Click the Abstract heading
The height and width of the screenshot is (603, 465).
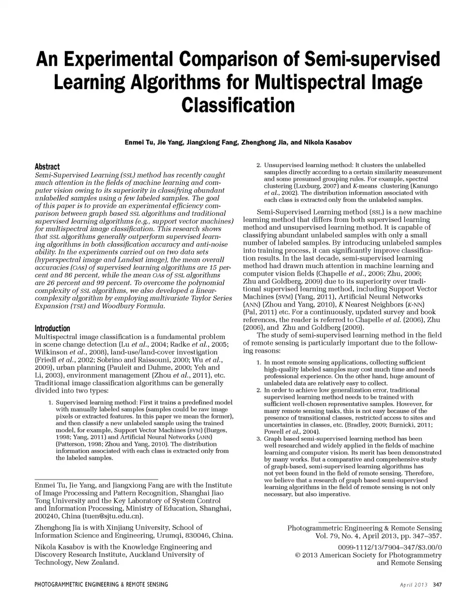[x=47, y=166]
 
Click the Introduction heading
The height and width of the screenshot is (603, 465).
[x=52, y=328]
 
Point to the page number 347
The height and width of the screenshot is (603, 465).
[x=437, y=585]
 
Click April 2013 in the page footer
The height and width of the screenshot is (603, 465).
[x=414, y=585]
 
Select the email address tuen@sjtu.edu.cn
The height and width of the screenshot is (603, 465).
[x=112, y=516]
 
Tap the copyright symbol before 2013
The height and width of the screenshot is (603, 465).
[x=297, y=555]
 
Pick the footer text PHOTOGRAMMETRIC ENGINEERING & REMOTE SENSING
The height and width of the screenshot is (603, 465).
[x=101, y=585]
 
